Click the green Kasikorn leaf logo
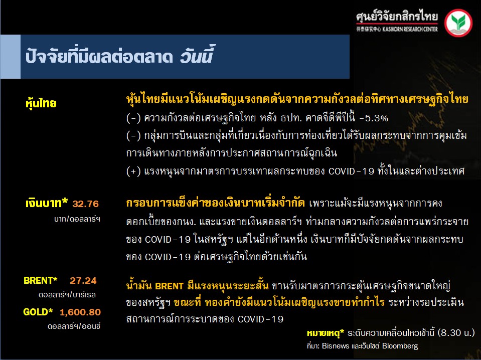point(458,23)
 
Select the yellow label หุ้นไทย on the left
point(41,103)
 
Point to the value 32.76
point(86,204)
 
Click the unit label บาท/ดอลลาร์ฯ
point(77,219)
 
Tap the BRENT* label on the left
point(41,280)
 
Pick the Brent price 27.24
point(83,280)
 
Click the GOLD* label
point(38,312)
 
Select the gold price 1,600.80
point(80,312)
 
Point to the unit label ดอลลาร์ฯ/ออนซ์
point(74,326)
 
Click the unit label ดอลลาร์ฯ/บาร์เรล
point(67,295)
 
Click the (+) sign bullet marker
point(133,171)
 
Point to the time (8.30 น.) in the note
point(456,333)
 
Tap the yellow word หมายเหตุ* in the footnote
point(326,333)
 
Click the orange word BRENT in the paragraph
point(170,286)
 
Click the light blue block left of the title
point(10,57)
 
